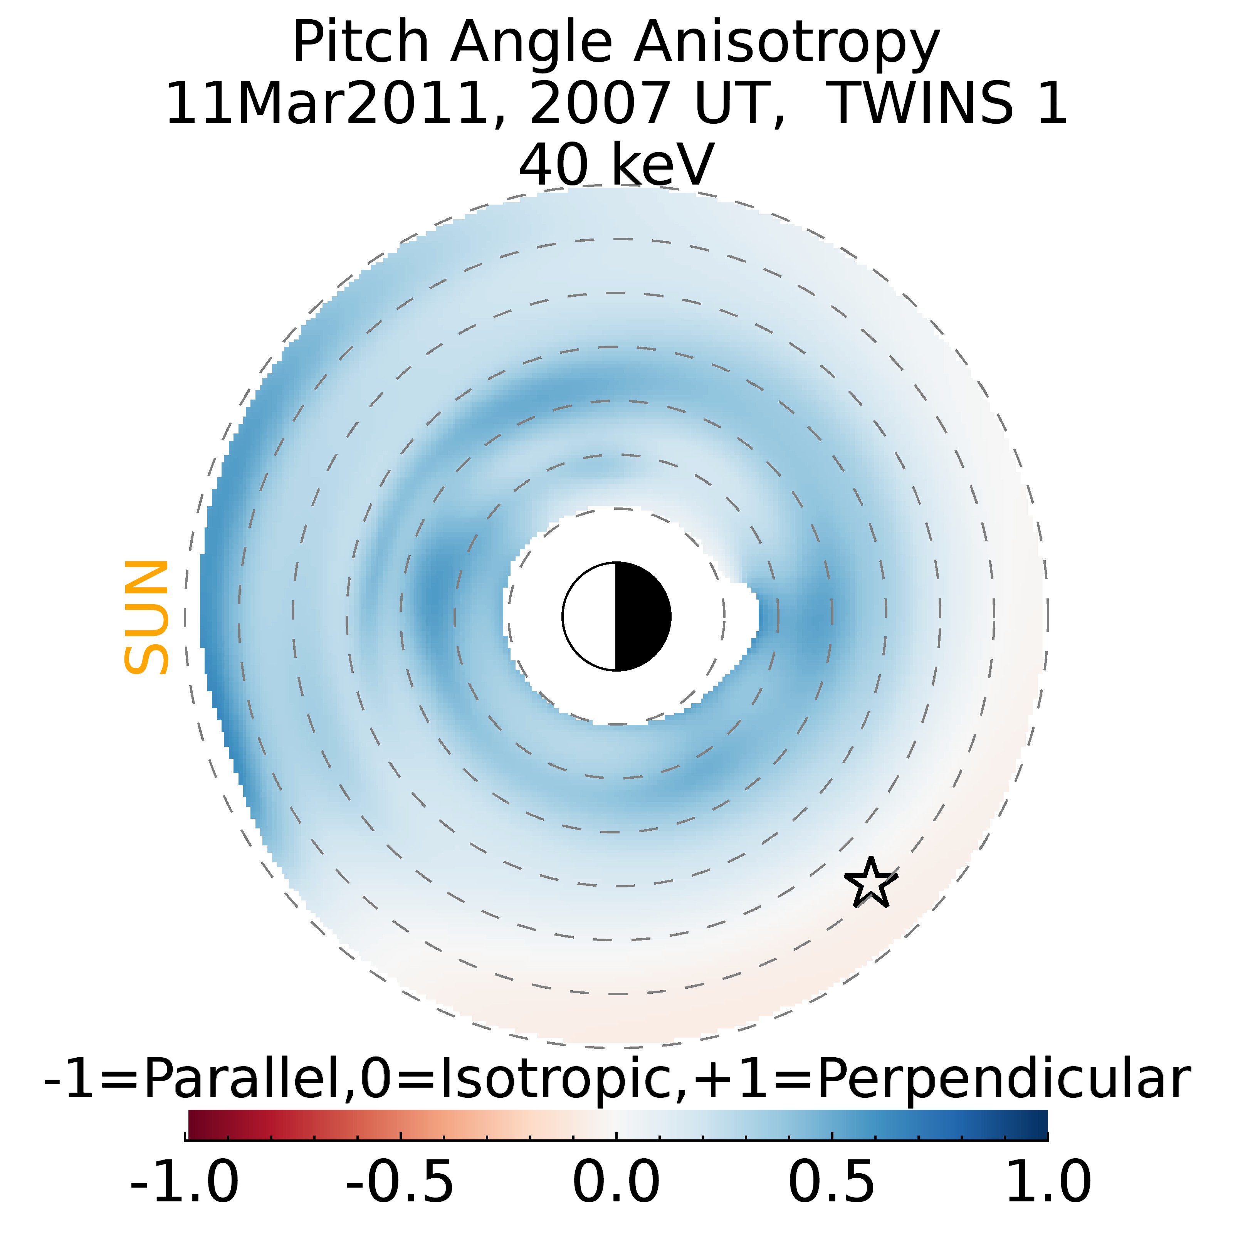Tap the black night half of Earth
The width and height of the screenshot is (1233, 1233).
tap(642, 616)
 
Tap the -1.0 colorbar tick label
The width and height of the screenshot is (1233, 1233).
tap(185, 1181)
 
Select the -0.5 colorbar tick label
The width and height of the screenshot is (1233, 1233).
tap(400, 1181)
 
